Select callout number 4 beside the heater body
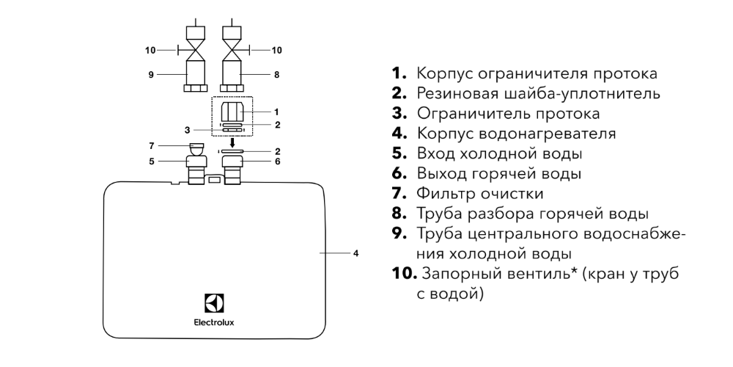pos(356,253)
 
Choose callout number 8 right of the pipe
pos(276,74)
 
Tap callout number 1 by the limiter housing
pos(276,112)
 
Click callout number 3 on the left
pos(166,130)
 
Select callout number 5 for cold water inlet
pos(152,161)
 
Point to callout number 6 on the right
pos(276,161)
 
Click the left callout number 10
pos(150,50)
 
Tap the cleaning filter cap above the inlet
pos(196,148)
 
